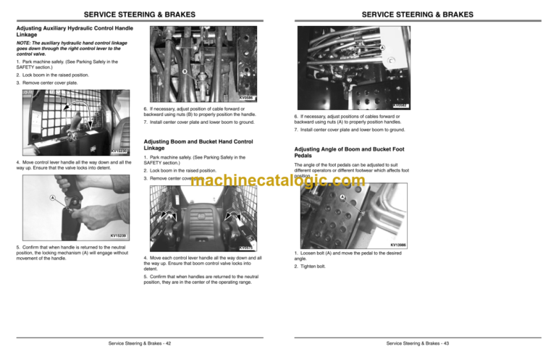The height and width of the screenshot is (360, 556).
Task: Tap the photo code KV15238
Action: click(x=121, y=235)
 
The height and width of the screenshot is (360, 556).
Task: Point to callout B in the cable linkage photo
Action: click(x=185, y=71)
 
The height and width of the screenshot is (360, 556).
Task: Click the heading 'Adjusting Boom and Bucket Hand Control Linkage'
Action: click(x=198, y=145)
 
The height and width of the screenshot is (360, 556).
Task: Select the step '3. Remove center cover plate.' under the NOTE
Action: click(x=46, y=83)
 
